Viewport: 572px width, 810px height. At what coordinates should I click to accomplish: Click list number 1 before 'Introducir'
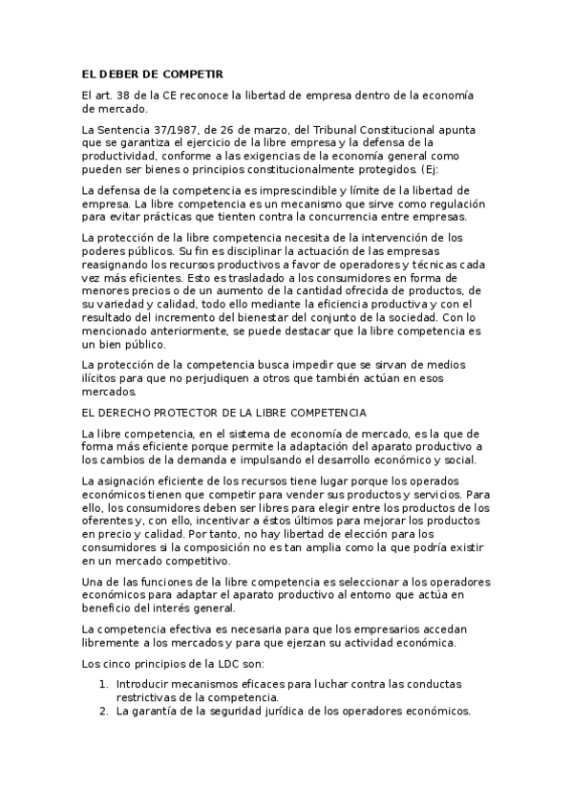tap(103, 685)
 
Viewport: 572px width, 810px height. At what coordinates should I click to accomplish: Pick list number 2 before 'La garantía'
tap(103, 711)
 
